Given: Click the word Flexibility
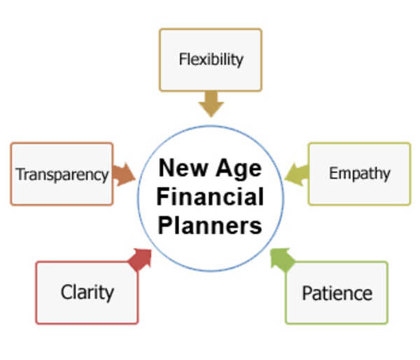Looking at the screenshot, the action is (x=211, y=60).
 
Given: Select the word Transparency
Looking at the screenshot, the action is (x=62, y=174).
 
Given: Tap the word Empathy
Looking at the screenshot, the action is (x=359, y=173).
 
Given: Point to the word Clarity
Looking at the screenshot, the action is (x=87, y=292).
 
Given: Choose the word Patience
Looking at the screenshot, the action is (x=337, y=292).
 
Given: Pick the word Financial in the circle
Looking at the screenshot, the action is (x=210, y=197).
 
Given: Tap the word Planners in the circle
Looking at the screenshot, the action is (x=210, y=226).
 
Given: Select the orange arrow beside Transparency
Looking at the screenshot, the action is (x=124, y=174).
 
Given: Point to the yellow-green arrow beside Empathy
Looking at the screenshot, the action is (x=296, y=172).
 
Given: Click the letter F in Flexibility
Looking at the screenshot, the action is (x=182, y=59).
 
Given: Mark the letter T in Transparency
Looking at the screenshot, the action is (x=20, y=174).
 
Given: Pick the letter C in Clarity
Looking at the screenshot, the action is (x=66, y=292).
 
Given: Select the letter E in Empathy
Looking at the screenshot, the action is (x=333, y=172).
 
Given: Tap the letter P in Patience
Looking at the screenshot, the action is (x=307, y=292).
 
